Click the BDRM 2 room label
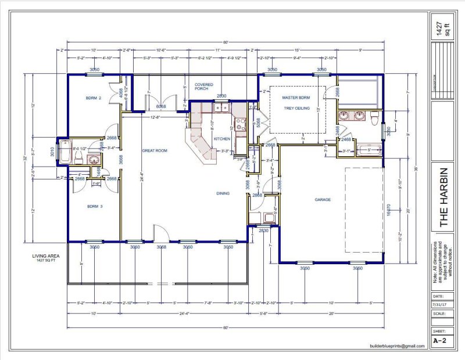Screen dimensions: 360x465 pos(94,99)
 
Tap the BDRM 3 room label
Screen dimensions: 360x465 pos(94,206)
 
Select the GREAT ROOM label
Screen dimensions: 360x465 pos(155,150)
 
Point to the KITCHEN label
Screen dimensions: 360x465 pos(222,139)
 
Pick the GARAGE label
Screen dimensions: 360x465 pos(323,200)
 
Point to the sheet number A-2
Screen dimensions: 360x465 pos(440,341)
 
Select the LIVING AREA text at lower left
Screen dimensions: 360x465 pos(46,256)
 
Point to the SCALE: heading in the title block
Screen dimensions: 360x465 pos(440,314)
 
